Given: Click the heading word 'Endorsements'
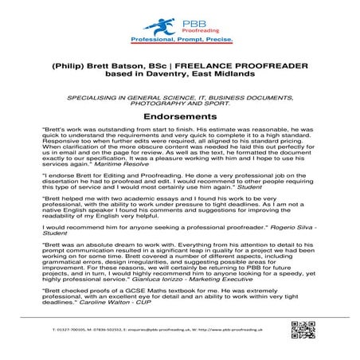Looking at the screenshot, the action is pos(180,116).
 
